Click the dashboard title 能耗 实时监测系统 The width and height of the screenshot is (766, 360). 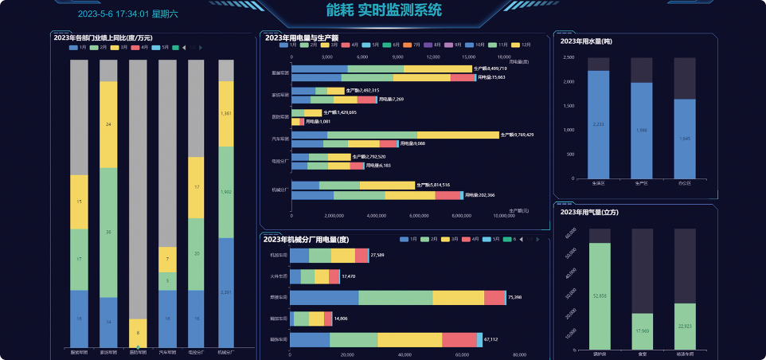[384, 10]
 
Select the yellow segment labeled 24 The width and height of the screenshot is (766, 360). [108, 124]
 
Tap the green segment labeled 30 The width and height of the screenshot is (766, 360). [108, 233]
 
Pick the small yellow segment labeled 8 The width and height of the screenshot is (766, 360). [138, 333]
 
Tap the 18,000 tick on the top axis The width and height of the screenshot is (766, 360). [503, 57]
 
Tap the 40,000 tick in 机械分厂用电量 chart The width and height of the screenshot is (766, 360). [404, 354]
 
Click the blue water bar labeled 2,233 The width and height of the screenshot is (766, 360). [599, 124]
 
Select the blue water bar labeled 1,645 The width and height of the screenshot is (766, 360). [684, 139]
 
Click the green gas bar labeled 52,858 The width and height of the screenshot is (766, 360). [599, 295]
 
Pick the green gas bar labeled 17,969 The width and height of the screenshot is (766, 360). [642, 331]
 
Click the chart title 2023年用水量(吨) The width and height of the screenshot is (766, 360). [586, 41]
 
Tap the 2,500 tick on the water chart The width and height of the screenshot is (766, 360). [569, 58]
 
